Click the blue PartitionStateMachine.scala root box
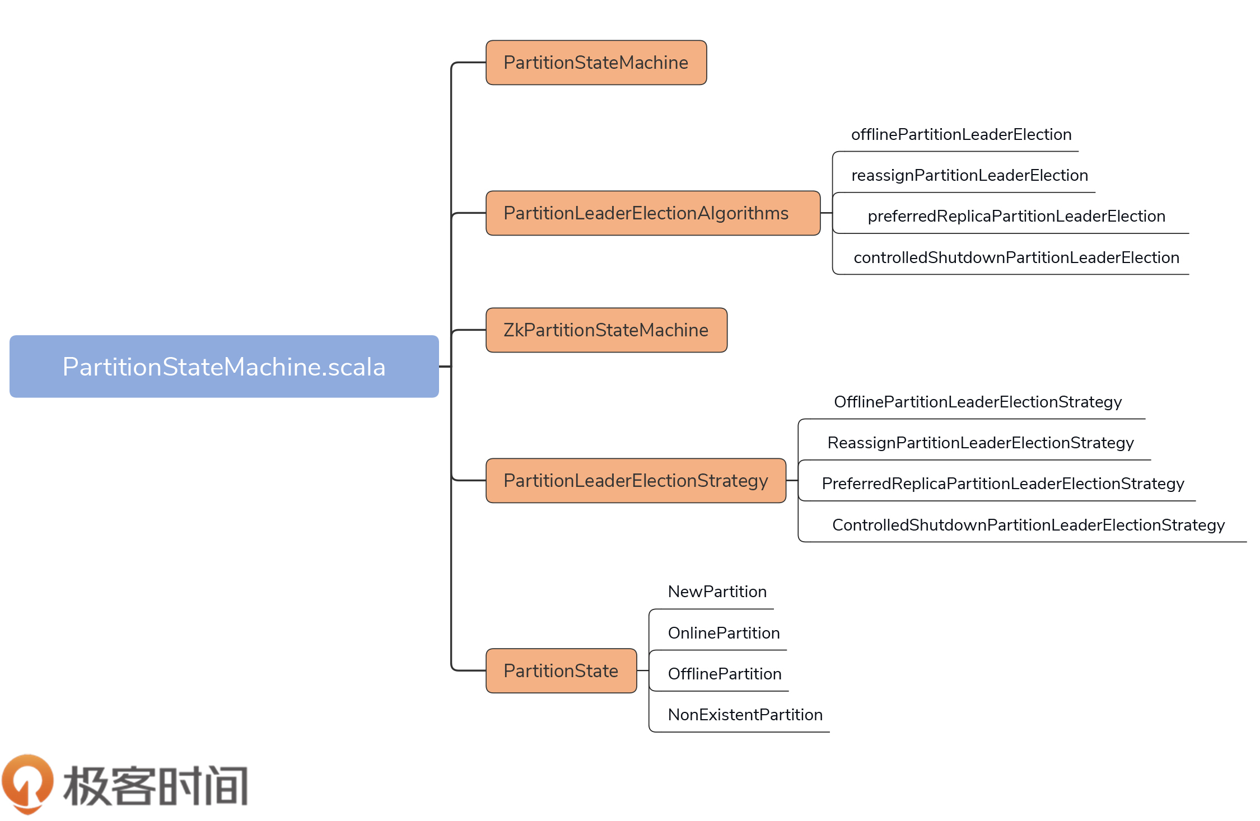224,367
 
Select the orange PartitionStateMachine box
596,63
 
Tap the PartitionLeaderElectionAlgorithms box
652,213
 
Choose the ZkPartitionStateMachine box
606,330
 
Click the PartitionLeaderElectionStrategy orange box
636,481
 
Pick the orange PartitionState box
561,670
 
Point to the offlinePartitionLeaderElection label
961,135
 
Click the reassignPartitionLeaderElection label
969,176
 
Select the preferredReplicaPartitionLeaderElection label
1016,217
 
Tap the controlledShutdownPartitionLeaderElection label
1016,257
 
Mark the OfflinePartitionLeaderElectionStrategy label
978,402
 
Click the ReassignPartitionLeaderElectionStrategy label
981,443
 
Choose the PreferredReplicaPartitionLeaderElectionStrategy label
1002,484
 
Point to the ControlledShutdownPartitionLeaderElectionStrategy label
1028,525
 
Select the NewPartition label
717,592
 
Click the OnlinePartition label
724,633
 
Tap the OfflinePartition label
725,674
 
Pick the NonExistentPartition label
745,715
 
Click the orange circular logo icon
27,783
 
